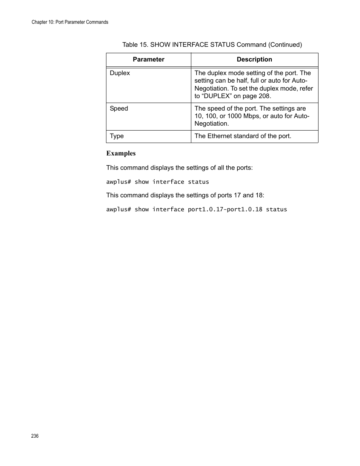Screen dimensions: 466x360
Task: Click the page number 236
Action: coord(35,436)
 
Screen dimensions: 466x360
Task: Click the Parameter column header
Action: coord(148,60)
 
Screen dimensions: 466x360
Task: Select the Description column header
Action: coord(254,60)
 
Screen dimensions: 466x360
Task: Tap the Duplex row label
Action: coord(120,73)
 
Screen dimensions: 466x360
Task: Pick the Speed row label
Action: coord(119,109)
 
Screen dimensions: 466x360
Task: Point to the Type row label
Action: coord(117,136)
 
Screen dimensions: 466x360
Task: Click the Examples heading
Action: coord(121,153)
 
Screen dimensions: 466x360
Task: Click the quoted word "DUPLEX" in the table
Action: coord(217,96)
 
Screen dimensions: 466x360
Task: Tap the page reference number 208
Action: coord(264,96)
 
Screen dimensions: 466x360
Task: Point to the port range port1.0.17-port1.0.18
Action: coord(225,209)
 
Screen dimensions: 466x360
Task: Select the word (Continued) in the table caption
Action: coord(285,45)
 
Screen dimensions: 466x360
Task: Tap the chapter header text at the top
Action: coord(70,22)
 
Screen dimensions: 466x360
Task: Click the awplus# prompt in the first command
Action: coord(118,182)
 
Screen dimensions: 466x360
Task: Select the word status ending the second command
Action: coord(276,209)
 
